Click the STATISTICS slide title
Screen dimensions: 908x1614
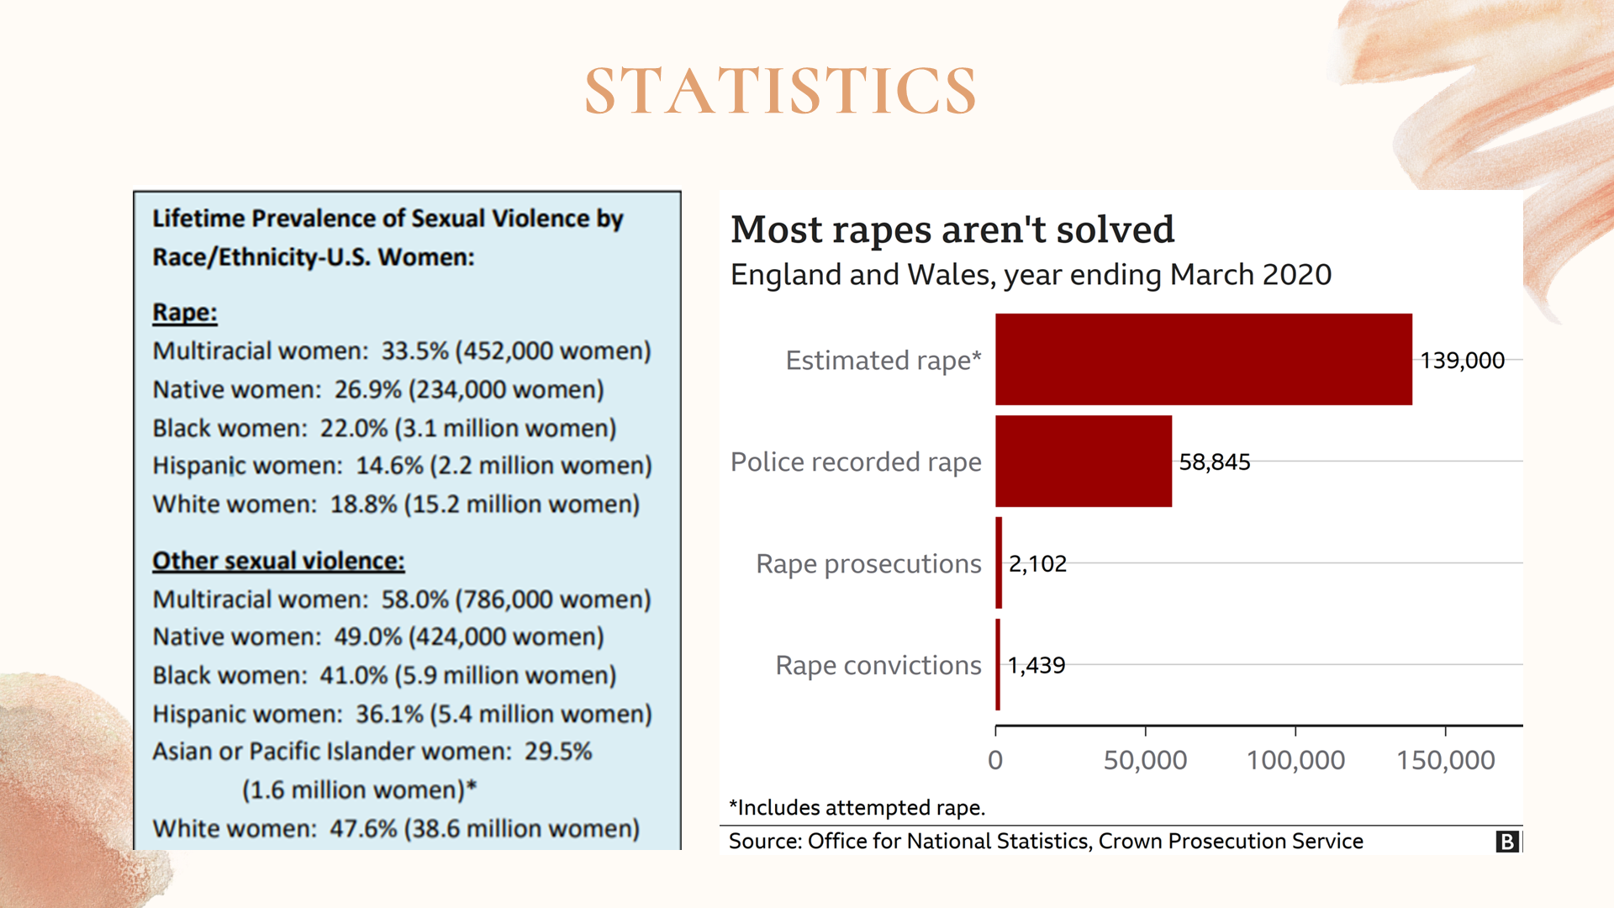pyautogui.click(x=780, y=91)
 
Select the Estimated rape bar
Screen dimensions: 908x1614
pyautogui.click(x=1203, y=360)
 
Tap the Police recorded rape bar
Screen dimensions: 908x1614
pyautogui.click(x=1083, y=462)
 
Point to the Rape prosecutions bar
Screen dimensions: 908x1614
pyautogui.click(x=999, y=563)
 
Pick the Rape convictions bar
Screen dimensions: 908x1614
pyautogui.click(x=998, y=665)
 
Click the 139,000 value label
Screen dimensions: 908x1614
pyautogui.click(x=1462, y=361)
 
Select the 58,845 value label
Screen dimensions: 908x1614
pyautogui.click(x=1214, y=462)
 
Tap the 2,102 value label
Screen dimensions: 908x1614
pyautogui.click(x=1037, y=564)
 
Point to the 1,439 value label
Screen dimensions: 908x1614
pyautogui.click(x=1036, y=666)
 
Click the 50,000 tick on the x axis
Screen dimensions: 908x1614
pyautogui.click(x=1145, y=760)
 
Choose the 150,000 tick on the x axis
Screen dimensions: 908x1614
pyautogui.click(x=1445, y=760)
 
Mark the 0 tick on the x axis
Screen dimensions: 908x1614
pyautogui.click(x=995, y=760)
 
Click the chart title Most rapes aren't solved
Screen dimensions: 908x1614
pyautogui.click(x=952, y=230)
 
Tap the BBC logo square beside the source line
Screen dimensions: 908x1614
pyautogui.click(x=1506, y=842)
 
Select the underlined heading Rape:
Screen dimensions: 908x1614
pyautogui.click(x=185, y=313)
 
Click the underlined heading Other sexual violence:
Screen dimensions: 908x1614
pyautogui.click(x=278, y=561)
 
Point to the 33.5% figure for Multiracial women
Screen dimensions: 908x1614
pyautogui.click(x=414, y=351)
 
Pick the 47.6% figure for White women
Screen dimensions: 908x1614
pyautogui.click(x=363, y=829)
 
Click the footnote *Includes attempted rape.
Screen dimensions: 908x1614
pyautogui.click(x=857, y=808)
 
